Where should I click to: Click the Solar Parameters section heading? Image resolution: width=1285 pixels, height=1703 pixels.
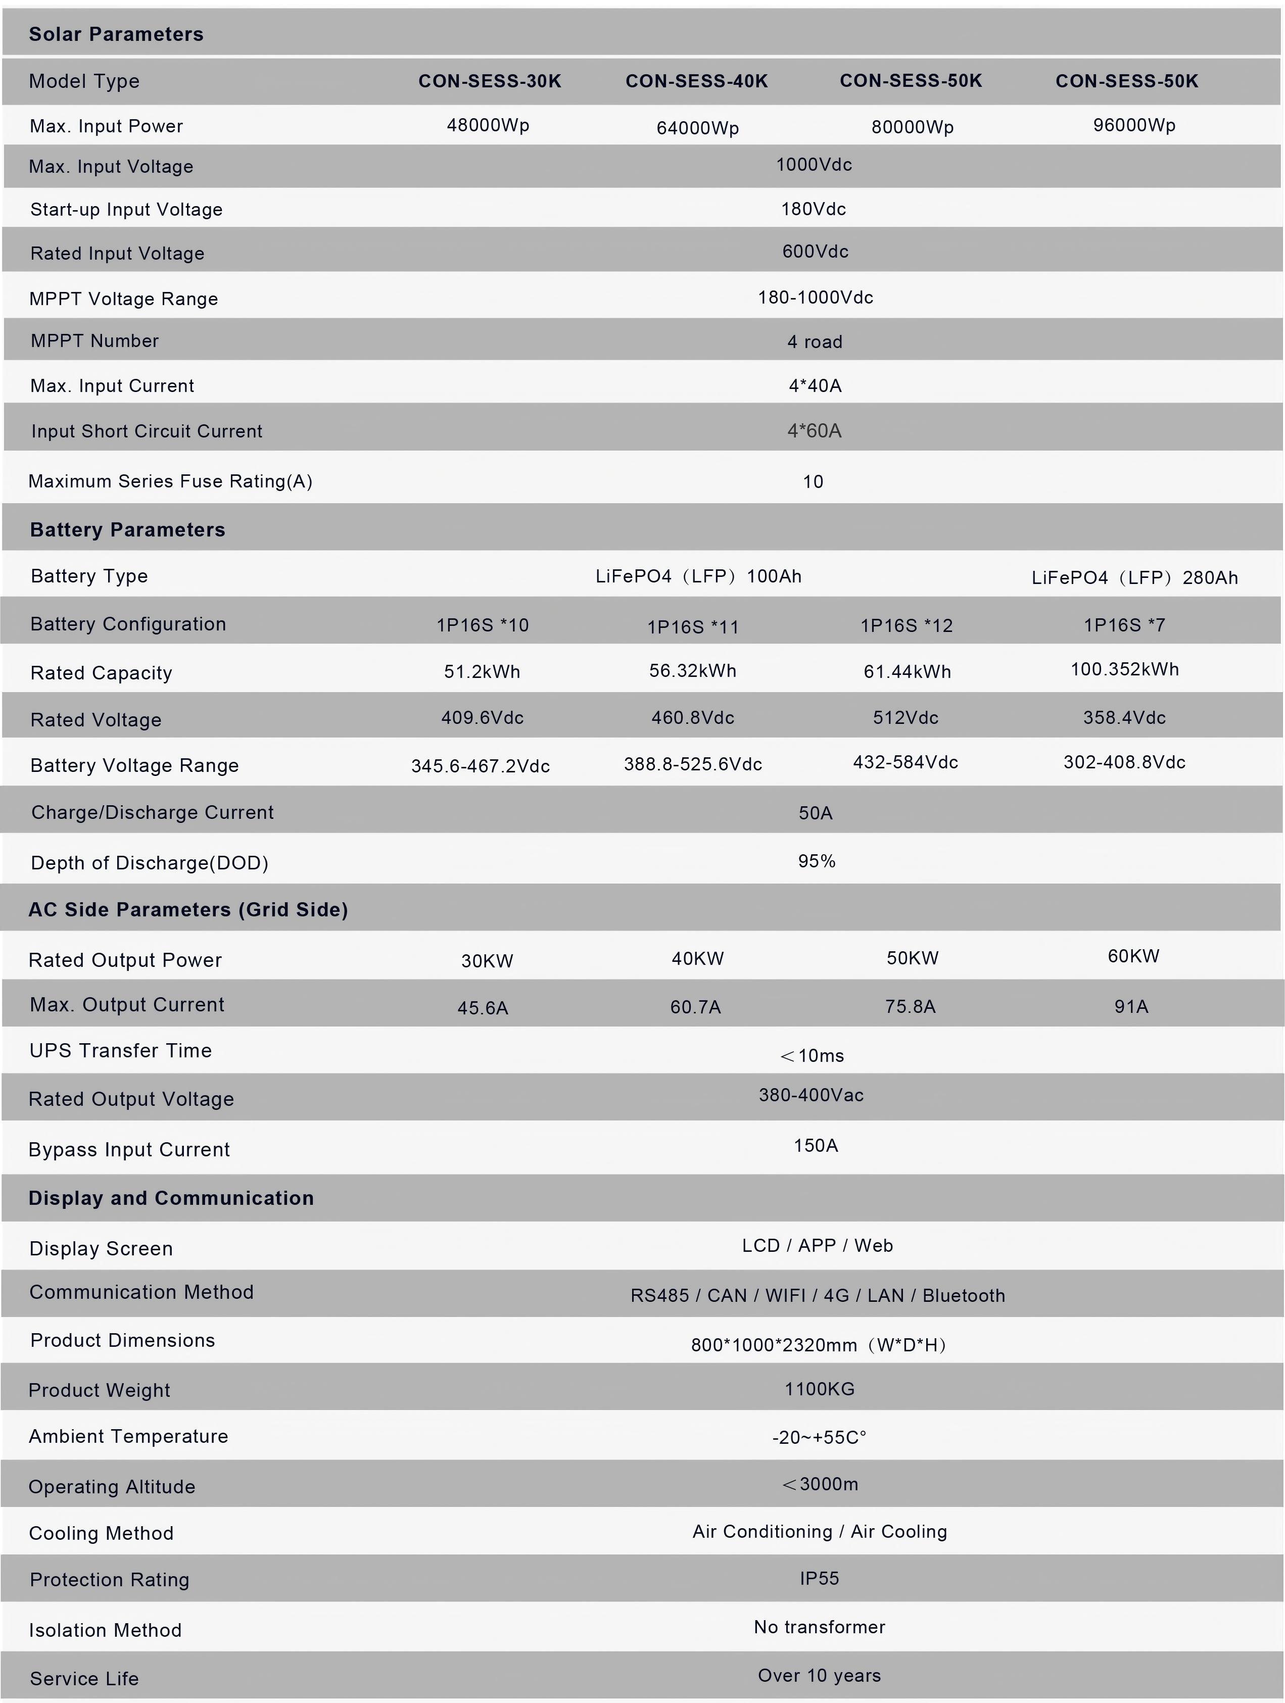tap(116, 34)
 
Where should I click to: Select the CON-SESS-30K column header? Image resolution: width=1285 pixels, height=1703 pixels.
tap(490, 81)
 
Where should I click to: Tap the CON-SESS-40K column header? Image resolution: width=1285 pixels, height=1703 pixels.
tap(697, 81)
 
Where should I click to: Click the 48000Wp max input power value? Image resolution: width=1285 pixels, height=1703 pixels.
tap(488, 125)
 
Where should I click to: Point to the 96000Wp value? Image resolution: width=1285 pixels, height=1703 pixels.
tap(1134, 125)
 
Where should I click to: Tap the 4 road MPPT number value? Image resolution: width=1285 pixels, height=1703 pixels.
tap(815, 342)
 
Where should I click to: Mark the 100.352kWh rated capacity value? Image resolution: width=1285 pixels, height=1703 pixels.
tap(1125, 669)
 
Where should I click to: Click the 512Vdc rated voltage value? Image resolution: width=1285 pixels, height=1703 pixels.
tap(906, 717)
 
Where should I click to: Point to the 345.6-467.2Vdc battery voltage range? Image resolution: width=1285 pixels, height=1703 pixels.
tap(481, 766)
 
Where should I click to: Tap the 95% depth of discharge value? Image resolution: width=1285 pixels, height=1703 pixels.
tap(816, 861)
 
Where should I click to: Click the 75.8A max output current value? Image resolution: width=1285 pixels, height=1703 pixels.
tap(910, 1007)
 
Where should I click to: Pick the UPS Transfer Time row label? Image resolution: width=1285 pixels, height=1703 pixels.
tap(120, 1051)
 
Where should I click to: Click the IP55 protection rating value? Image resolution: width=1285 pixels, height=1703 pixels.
tap(819, 1578)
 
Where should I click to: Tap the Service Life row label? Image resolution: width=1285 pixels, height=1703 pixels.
tap(84, 1678)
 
